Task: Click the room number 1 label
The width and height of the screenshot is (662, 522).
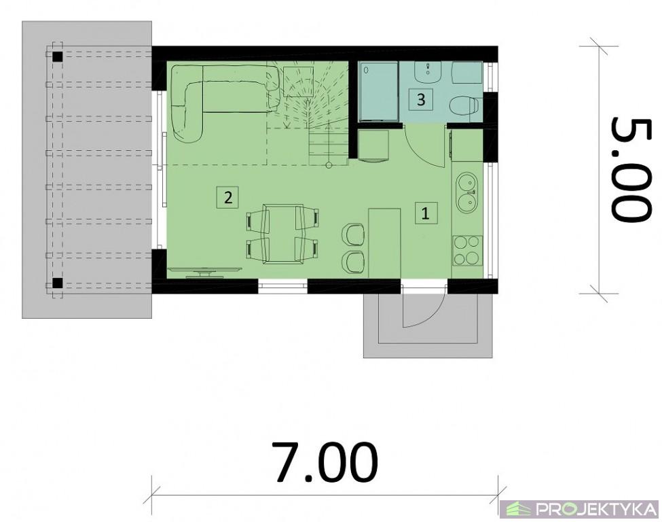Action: (x=426, y=213)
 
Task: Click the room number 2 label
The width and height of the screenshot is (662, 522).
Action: (x=228, y=197)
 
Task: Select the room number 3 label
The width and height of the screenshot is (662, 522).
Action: (x=421, y=100)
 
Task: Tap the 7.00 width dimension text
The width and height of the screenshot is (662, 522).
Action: (x=325, y=462)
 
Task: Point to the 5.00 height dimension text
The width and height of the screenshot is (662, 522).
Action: (x=629, y=169)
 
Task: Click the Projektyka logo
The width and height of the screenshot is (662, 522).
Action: (x=581, y=509)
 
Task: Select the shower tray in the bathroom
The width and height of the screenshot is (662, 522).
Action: (x=378, y=92)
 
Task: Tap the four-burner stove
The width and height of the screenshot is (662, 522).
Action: (x=468, y=250)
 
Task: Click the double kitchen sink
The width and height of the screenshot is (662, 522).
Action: (x=467, y=193)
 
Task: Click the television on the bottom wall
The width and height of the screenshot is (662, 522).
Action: (x=205, y=271)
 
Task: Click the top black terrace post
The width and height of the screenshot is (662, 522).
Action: (x=57, y=56)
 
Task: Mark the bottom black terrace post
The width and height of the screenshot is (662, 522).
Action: (x=57, y=283)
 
